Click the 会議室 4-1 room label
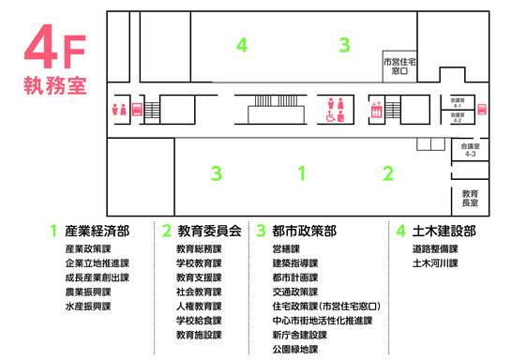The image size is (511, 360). pos(457,101)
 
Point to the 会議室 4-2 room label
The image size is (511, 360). pos(457,117)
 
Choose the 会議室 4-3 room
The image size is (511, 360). pos(471,150)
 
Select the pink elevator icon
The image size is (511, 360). pos(377,109)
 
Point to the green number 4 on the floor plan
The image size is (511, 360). pos(242,44)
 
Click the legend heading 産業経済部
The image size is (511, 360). pos(97,231)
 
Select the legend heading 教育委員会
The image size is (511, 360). pos(209,231)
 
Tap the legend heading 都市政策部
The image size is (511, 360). pos(304,231)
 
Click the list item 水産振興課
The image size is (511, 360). pos(88,307)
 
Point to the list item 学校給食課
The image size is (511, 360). pos(199,321)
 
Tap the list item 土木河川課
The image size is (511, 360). pos(434,264)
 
